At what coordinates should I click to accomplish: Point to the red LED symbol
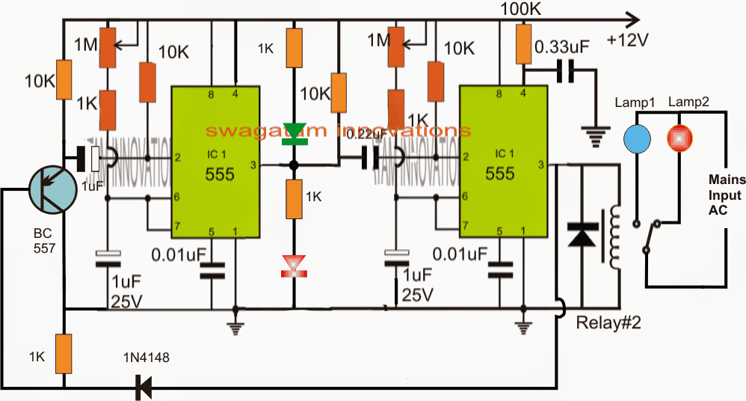(294, 266)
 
